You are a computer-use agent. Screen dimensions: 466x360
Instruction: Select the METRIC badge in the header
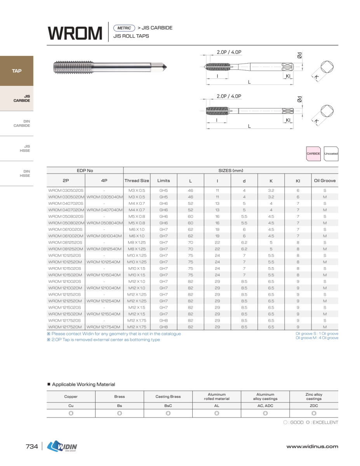124,28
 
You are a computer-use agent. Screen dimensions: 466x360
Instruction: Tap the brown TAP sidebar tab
17,71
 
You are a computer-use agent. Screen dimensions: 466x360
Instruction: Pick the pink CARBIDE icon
313,154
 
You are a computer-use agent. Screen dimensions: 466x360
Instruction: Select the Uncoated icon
331,154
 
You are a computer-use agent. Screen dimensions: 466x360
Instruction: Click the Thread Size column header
137,181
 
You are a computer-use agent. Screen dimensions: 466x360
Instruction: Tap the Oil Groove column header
325,181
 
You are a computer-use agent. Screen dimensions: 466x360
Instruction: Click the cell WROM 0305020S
66,191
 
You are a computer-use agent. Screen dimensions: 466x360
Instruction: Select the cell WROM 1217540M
104,327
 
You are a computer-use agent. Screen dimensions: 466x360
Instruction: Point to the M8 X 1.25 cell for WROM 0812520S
137,242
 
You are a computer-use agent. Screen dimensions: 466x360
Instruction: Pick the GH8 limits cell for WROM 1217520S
163,320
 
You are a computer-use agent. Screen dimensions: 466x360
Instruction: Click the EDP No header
85,170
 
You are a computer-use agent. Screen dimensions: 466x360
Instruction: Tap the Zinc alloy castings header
313,396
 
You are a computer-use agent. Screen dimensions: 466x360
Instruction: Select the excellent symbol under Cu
71,413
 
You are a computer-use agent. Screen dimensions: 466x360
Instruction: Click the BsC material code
168,405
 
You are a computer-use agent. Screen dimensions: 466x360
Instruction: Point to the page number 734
32,447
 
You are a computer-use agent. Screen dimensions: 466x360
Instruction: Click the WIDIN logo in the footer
62,447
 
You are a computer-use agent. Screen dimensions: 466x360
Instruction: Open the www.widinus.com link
312,447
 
